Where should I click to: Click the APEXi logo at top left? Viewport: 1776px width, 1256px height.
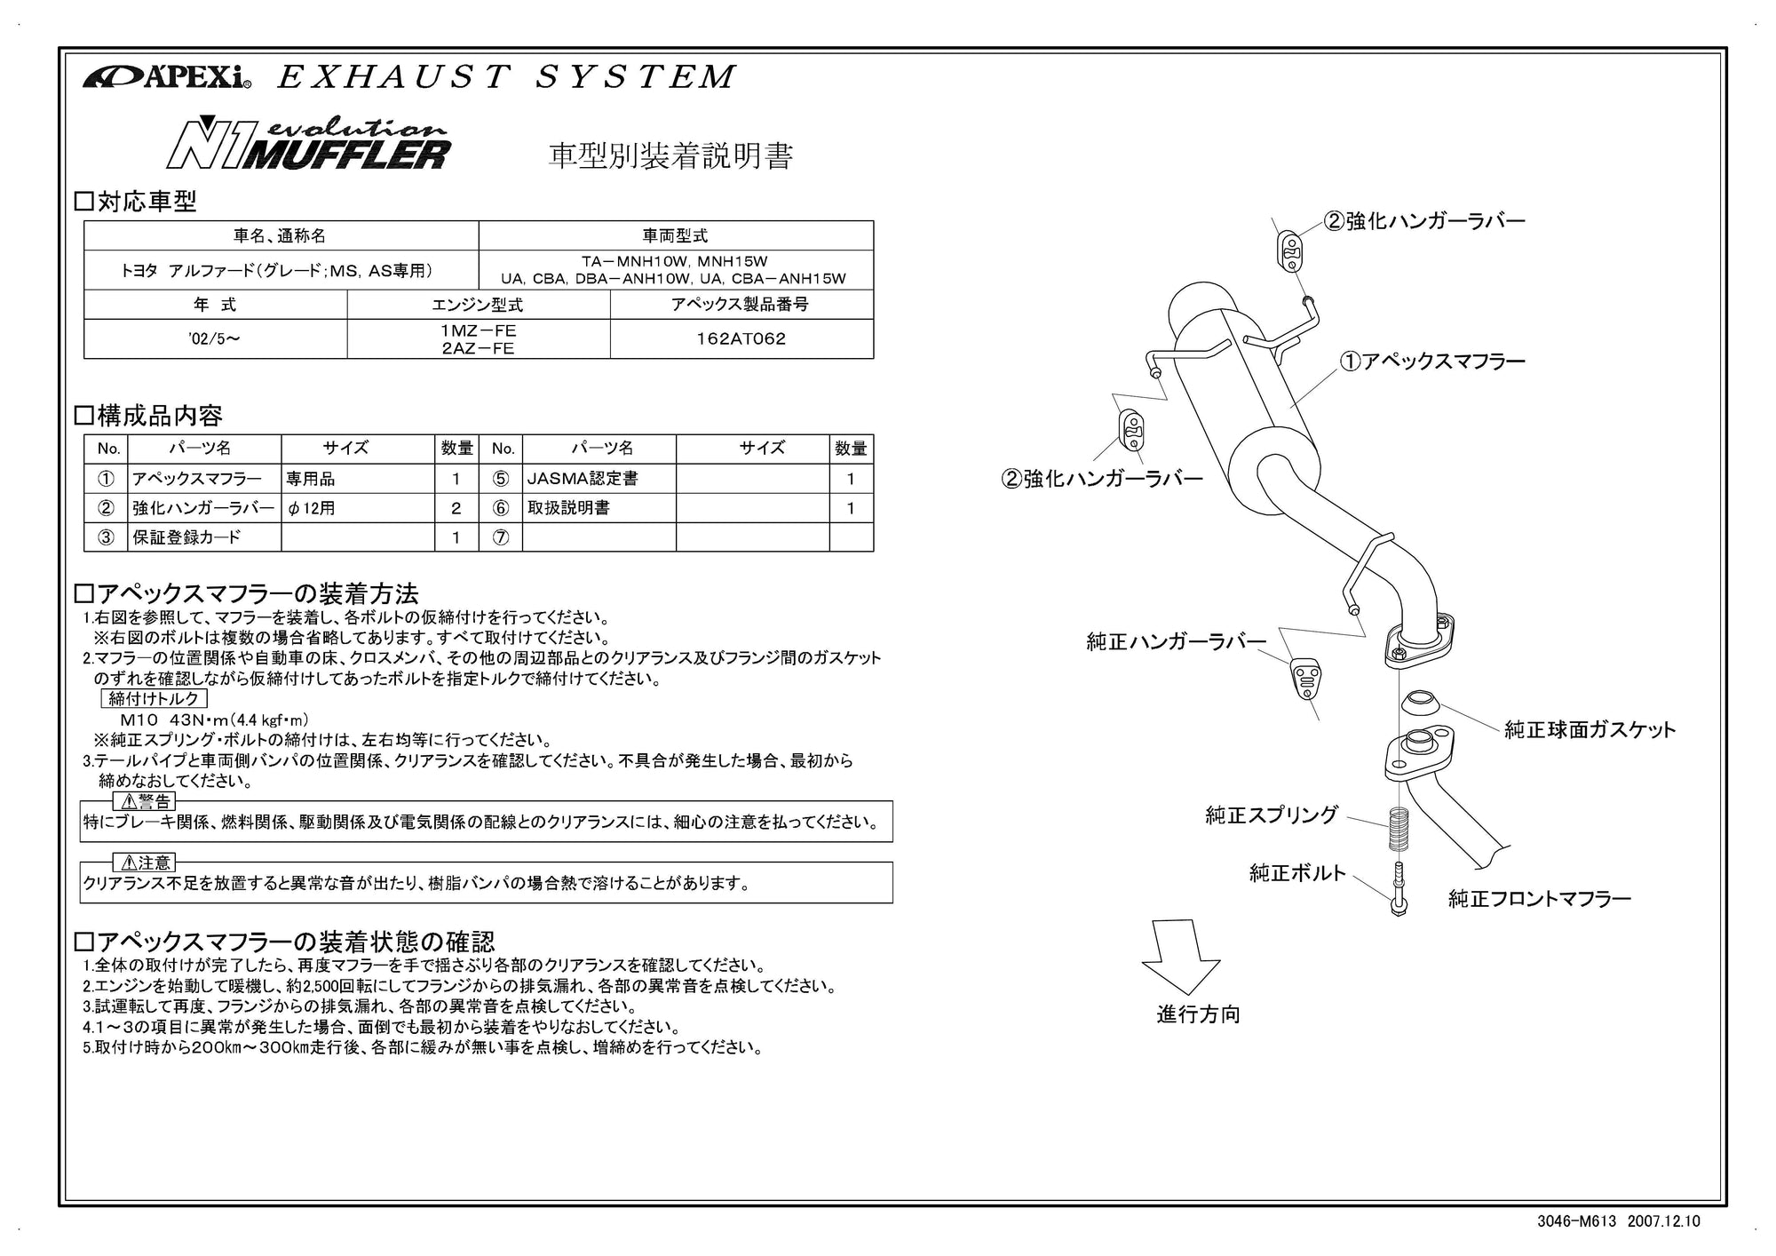point(167,77)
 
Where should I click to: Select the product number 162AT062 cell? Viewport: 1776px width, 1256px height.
point(741,338)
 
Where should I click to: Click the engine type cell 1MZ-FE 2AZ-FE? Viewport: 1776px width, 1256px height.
point(478,338)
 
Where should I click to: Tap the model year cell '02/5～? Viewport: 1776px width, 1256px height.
point(214,338)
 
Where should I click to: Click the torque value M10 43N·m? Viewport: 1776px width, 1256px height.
point(214,720)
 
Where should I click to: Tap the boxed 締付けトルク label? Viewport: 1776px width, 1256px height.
point(154,699)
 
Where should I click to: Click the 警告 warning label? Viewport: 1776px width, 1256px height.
point(147,802)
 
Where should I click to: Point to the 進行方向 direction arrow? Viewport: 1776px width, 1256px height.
point(1180,956)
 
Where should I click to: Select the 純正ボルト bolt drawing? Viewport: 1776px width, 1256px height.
point(1399,888)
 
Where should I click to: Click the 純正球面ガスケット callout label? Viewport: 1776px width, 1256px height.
point(1590,730)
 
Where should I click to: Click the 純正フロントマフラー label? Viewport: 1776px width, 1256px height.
point(1540,899)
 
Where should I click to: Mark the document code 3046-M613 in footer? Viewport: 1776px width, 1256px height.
point(1577,1221)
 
